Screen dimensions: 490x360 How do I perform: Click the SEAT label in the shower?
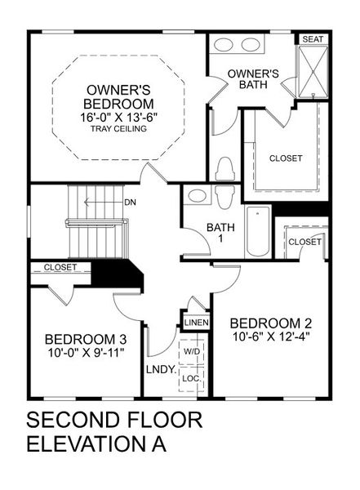pos(311,38)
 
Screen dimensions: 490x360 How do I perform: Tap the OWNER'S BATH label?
pos(253,78)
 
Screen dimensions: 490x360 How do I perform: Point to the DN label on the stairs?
pos(129,202)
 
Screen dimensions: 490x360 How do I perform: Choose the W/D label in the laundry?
pos(192,351)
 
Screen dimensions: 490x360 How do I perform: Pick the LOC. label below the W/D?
pos(192,378)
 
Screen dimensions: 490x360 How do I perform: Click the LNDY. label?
pos(162,369)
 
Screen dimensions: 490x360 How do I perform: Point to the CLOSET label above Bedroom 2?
pos(304,242)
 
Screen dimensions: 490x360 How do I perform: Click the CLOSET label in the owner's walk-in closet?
pos(285,158)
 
